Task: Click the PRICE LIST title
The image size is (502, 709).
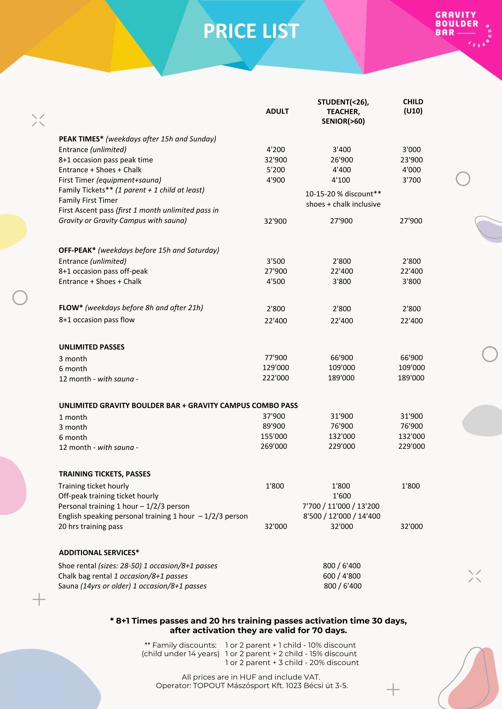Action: pos(251,31)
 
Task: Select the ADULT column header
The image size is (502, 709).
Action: pos(277,111)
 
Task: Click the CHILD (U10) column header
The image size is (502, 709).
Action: pos(413,106)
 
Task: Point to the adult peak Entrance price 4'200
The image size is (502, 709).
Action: pos(275,150)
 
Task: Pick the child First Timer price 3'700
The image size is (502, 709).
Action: pos(411,180)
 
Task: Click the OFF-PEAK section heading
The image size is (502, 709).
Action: pos(77,250)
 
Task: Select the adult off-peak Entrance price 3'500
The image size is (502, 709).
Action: pos(275,261)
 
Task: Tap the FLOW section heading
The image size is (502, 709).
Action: pos(71,308)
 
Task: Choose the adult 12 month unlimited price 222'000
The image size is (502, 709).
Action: pos(275,378)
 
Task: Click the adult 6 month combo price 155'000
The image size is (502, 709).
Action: pos(274,436)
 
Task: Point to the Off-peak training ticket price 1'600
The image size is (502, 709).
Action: pos(342,496)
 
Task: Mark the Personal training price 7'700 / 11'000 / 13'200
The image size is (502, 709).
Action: pos(341,506)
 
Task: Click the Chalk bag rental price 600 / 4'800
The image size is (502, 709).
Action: pos(342,576)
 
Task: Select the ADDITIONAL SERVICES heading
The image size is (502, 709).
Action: pos(99,553)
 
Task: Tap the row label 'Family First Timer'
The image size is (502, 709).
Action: pos(88,200)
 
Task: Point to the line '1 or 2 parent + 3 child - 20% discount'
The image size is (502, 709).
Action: pos(292,663)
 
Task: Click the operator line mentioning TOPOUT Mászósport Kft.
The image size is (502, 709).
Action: pos(252,686)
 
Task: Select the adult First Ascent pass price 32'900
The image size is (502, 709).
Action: pos(275,221)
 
